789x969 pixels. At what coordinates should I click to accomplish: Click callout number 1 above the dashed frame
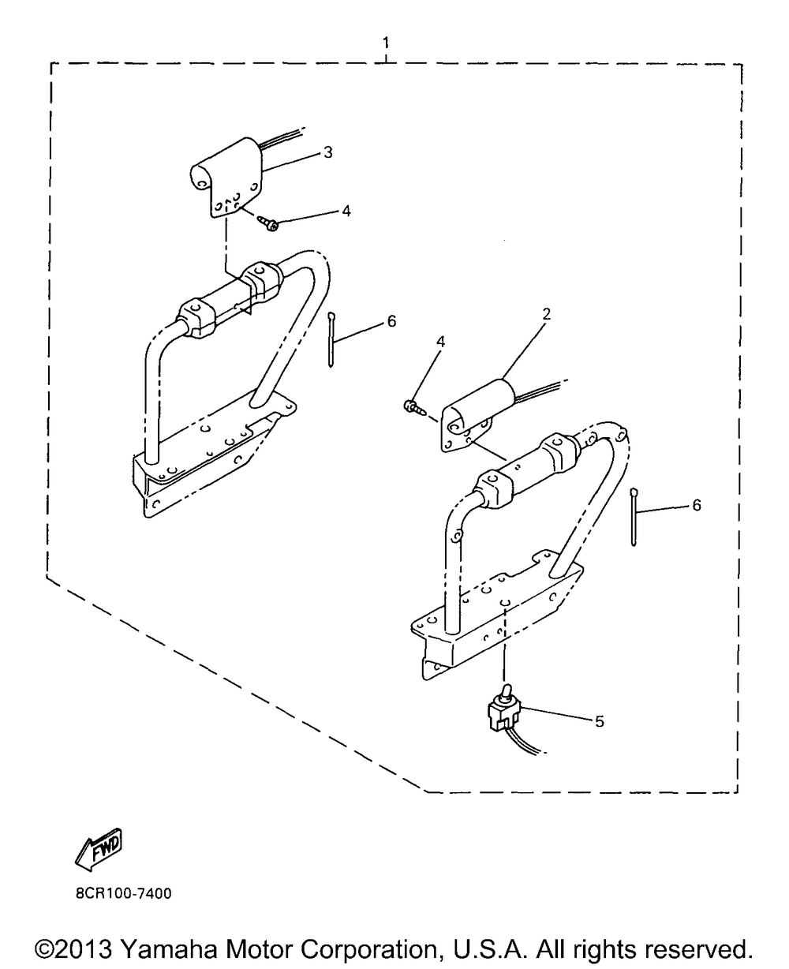click(386, 43)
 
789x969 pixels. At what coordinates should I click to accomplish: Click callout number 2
click(547, 314)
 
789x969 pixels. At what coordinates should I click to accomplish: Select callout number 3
click(328, 152)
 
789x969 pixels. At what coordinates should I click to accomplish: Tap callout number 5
click(600, 721)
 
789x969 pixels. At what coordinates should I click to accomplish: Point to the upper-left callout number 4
click(346, 211)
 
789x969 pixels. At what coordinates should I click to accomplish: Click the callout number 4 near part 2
click(440, 342)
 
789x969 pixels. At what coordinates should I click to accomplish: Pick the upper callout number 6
click(391, 321)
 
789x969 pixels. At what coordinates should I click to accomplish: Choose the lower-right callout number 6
click(697, 505)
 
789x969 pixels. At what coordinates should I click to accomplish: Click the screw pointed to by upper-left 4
click(268, 223)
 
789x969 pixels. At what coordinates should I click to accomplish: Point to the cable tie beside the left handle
click(331, 339)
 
